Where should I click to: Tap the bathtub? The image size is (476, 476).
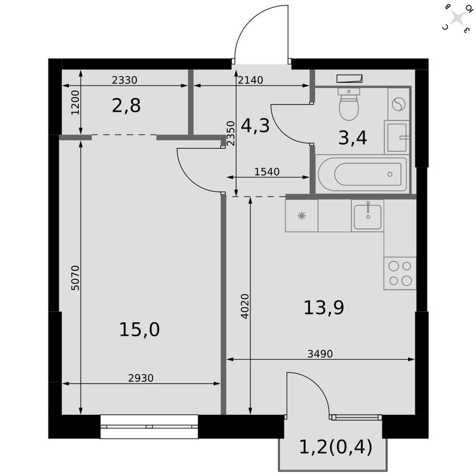[362, 174]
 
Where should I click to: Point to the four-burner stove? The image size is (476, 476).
[400, 273]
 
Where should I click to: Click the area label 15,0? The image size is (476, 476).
[139, 329]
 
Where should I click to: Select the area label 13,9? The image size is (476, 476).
[324, 308]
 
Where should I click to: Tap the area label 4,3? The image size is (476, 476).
[255, 126]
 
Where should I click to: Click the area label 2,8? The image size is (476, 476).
[126, 106]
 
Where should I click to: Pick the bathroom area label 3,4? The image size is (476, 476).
[353, 138]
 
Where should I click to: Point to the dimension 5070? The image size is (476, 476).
[75, 277]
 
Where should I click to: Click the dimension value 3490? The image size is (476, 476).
[320, 354]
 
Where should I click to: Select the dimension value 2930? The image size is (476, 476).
[141, 379]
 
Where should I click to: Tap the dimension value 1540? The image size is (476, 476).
[267, 172]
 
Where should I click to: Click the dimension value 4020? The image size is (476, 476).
[244, 306]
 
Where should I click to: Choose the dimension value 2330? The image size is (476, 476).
[124, 80]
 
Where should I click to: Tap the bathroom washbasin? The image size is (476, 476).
[398, 137]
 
